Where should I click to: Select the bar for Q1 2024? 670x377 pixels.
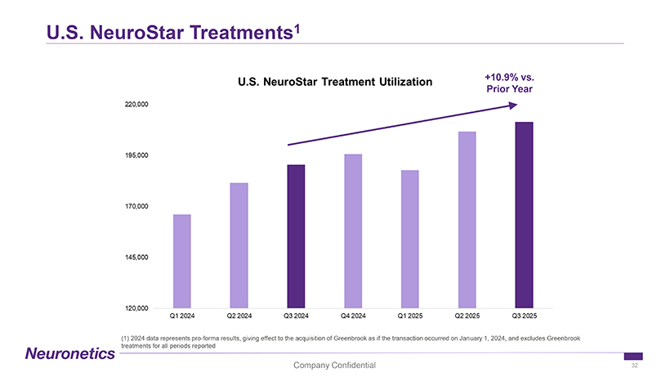(x=181, y=261)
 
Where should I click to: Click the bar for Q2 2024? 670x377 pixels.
(x=239, y=245)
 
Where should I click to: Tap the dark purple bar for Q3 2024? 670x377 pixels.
(x=296, y=236)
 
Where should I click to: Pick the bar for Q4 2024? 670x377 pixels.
(x=353, y=231)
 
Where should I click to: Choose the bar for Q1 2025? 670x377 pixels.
(x=410, y=239)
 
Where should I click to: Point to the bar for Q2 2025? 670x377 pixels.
(x=467, y=219)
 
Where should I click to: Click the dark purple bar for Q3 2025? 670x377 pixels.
(x=524, y=215)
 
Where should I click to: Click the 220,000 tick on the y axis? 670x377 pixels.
(x=136, y=105)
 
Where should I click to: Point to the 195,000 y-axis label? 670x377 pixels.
(x=136, y=155)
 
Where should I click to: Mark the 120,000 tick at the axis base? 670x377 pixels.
(x=136, y=308)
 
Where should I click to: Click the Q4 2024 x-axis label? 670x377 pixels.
(x=353, y=315)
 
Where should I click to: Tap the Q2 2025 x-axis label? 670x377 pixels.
(x=467, y=315)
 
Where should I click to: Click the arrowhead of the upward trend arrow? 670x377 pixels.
(x=513, y=105)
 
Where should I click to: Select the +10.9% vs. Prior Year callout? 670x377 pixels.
(x=510, y=83)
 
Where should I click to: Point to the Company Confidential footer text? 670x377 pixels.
(x=335, y=364)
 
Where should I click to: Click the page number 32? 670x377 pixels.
(x=634, y=366)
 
